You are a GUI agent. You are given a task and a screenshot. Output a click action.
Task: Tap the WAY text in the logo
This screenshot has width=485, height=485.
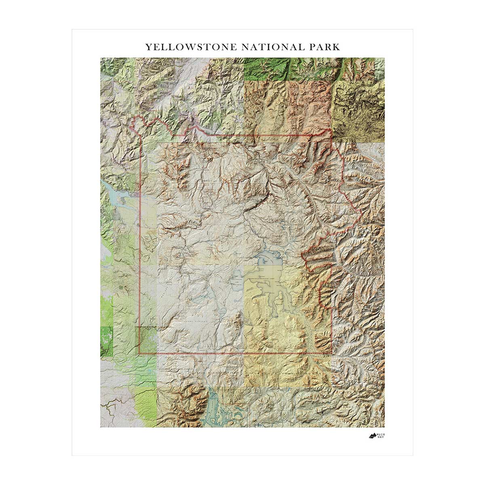click(380, 438)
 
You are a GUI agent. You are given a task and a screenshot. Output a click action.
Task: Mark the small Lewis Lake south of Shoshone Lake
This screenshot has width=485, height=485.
click(223, 312)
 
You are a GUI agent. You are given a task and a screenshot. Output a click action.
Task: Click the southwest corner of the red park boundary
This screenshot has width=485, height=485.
click(139, 354)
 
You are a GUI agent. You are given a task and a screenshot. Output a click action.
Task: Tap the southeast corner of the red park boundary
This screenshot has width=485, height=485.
click(332, 354)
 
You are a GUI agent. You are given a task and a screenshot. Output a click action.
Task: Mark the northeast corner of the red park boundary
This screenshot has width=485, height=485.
click(332, 135)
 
